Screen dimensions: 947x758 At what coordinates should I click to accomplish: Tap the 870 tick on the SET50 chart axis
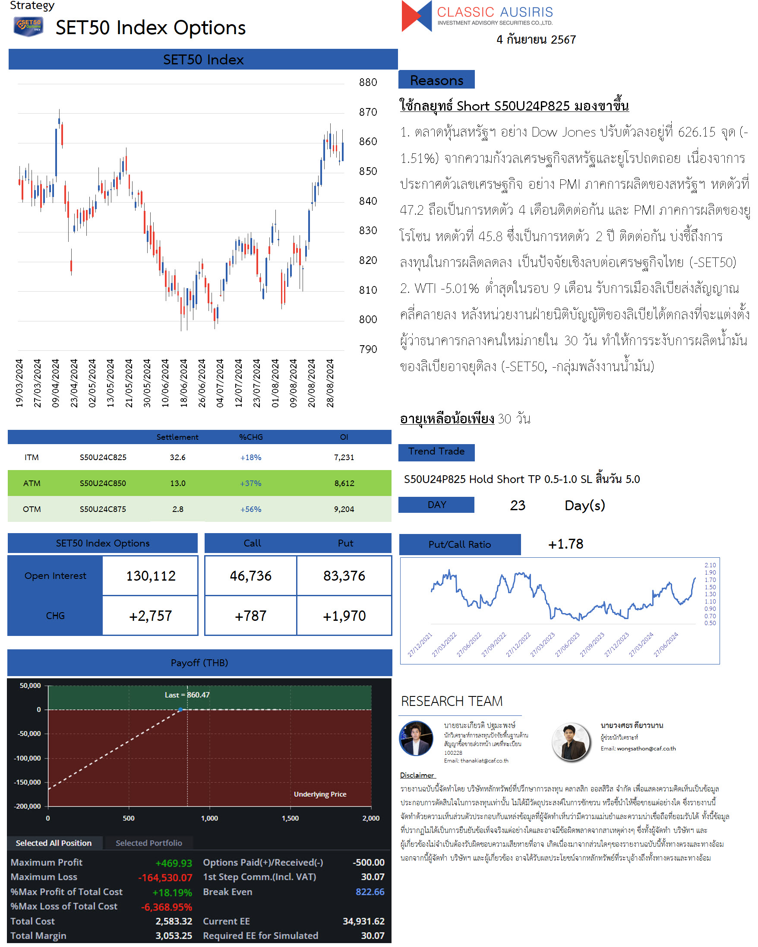(x=368, y=112)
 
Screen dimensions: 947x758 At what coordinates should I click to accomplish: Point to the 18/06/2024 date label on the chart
(x=183, y=383)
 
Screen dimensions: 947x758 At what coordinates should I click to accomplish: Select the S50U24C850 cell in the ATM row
(x=103, y=483)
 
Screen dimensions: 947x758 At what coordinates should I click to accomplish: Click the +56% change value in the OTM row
(x=251, y=509)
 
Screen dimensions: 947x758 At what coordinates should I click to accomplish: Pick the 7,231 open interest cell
(x=344, y=457)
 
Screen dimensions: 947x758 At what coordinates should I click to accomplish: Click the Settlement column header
(x=177, y=437)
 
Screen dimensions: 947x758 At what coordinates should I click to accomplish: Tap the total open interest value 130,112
(x=151, y=575)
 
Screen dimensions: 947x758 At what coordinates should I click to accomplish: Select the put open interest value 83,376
(x=344, y=575)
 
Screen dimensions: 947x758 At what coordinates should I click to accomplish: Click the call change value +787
(x=251, y=616)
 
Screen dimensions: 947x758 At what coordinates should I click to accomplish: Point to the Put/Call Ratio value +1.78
(x=565, y=544)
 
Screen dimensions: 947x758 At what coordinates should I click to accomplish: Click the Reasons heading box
(x=436, y=80)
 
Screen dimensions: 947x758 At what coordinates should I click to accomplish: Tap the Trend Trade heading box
(x=436, y=451)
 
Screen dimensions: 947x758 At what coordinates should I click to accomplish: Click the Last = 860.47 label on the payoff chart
(x=187, y=695)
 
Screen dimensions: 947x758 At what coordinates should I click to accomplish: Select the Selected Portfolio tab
(x=149, y=843)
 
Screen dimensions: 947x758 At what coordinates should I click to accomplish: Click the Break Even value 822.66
(x=370, y=892)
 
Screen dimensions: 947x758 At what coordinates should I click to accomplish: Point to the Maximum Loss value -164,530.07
(x=165, y=877)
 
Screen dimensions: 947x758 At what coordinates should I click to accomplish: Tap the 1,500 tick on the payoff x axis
(x=290, y=818)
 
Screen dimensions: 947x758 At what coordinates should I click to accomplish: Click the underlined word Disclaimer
(x=417, y=775)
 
